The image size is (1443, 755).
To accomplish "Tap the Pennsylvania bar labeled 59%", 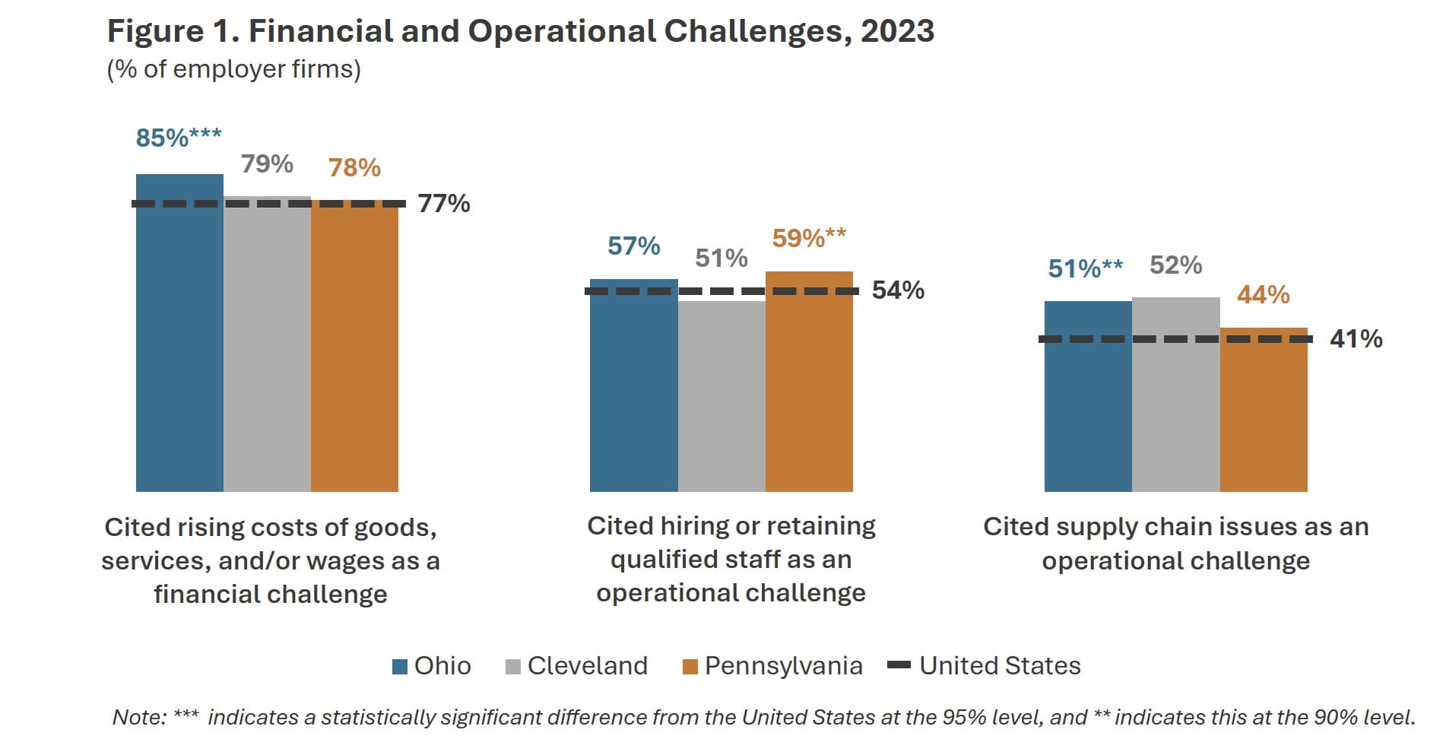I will [x=809, y=381].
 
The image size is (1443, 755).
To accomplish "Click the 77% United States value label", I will [x=444, y=204].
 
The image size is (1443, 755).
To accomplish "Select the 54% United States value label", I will [x=898, y=290].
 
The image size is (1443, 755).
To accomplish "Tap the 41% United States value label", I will [x=1356, y=339].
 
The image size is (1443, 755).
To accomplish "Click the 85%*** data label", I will [x=179, y=138].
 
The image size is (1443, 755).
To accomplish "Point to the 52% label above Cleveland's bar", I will [x=1175, y=265].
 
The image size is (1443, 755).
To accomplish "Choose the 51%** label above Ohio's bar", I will [x=1085, y=268].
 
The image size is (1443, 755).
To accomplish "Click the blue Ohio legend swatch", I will [x=400, y=667].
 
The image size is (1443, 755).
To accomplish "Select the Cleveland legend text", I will [x=587, y=666].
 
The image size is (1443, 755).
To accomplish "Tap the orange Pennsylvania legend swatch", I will [x=690, y=667].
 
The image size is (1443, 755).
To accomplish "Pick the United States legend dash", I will [x=899, y=665].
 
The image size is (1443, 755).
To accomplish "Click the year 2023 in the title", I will [x=897, y=31].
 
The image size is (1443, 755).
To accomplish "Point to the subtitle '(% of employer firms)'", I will [x=233, y=69].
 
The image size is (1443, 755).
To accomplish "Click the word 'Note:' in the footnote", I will [x=139, y=717].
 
